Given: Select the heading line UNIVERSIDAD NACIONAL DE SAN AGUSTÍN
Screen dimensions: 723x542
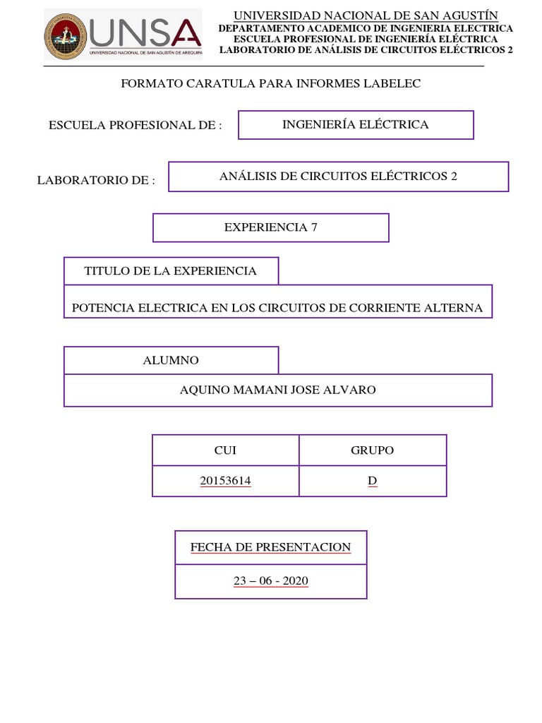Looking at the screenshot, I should pyautogui.click(x=366, y=16).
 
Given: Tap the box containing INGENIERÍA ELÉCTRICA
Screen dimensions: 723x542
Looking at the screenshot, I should pyautogui.click(x=356, y=125).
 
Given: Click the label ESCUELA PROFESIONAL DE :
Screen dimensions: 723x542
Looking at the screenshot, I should pyautogui.click(x=135, y=125).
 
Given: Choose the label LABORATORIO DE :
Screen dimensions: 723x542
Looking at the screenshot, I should pyautogui.click(x=96, y=181).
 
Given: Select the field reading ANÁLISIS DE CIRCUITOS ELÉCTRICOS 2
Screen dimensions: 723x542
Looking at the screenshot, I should pyautogui.click(x=338, y=177).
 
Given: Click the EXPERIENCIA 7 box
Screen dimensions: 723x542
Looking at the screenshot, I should pyautogui.click(x=271, y=227).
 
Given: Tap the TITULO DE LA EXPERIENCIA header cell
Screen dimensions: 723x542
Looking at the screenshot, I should pyautogui.click(x=171, y=271).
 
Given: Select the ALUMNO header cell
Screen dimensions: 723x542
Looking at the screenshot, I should pyautogui.click(x=171, y=360).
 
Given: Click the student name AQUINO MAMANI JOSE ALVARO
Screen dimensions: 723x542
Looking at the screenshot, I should pyautogui.click(x=278, y=390).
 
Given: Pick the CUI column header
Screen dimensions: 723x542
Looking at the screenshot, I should pyautogui.click(x=225, y=450).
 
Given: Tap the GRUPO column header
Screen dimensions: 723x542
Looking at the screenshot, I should pyautogui.click(x=373, y=450).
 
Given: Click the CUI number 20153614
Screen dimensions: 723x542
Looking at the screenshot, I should pyautogui.click(x=225, y=481).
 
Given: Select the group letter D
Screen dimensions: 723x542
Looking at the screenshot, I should pyautogui.click(x=373, y=481).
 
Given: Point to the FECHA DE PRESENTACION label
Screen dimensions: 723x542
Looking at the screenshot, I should pyautogui.click(x=270, y=547).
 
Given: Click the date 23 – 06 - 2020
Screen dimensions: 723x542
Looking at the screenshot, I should pyautogui.click(x=271, y=581).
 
